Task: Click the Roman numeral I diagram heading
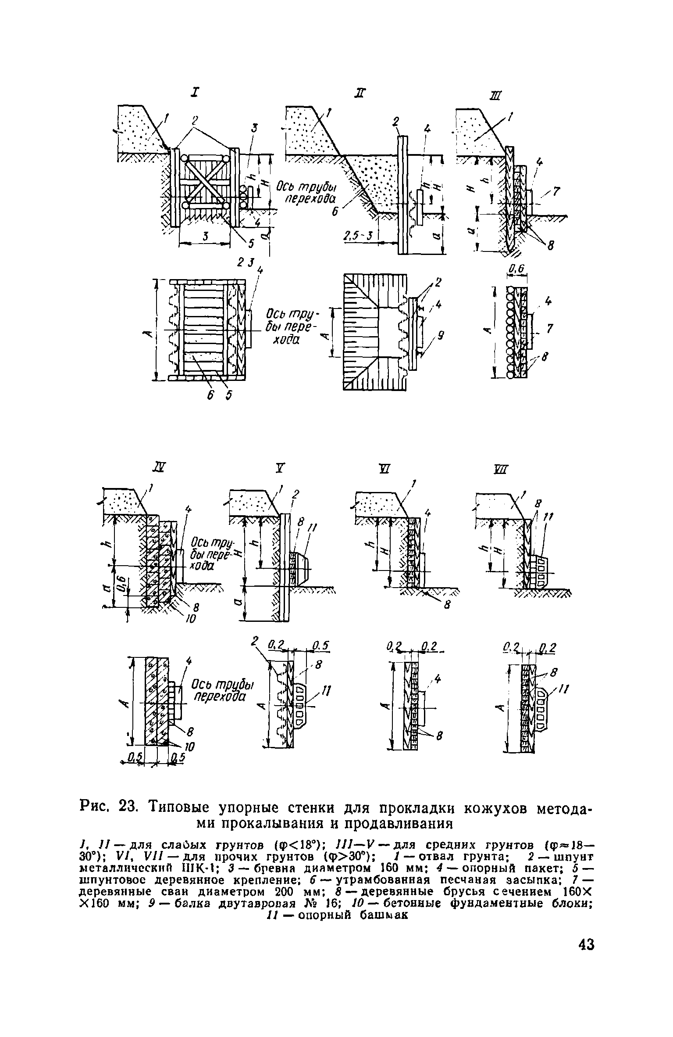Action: (x=195, y=93)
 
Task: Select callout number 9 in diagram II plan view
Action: (x=441, y=337)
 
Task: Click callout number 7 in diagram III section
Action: (x=557, y=191)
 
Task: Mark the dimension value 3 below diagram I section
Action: (x=205, y=236)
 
